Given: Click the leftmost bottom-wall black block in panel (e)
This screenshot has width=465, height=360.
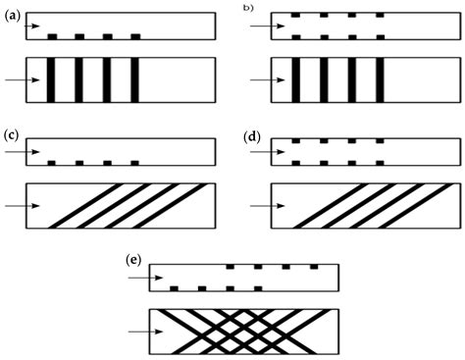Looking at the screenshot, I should (x=175, y=288).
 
